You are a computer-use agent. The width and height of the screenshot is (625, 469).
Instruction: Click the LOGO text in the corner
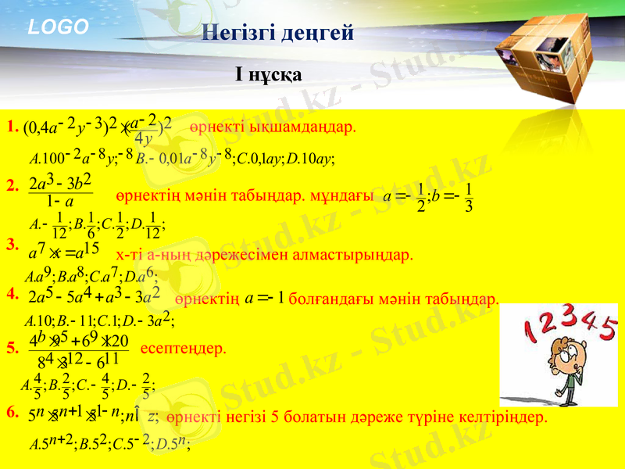(x=59, y=27)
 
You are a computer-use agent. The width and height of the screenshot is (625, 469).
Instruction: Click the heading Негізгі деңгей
(x=277, y=33)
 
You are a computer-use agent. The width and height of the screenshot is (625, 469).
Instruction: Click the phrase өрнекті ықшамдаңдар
(x=273, y=127)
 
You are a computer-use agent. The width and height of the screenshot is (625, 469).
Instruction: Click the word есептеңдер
(x=183, y=348)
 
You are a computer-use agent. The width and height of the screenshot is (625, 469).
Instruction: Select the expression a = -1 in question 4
(x=263, y=298)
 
